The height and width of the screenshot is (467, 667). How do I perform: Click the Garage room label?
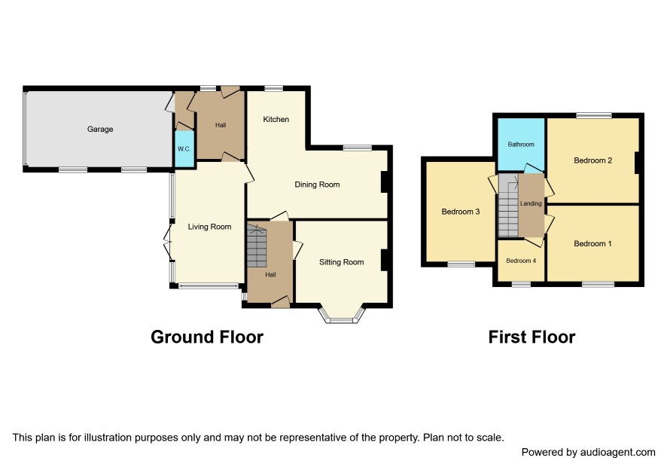[100, 129]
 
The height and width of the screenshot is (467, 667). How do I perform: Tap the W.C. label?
[184, 149]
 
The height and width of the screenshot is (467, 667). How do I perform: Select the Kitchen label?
[276, 119]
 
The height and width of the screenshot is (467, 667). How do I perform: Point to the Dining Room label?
[318, 185]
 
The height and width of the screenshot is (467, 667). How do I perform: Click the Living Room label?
[210, 227]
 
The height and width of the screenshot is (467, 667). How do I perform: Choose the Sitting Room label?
[342, 262]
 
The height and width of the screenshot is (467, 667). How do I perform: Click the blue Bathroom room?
[521, 145]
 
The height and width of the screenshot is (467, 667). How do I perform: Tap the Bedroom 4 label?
[521, 261]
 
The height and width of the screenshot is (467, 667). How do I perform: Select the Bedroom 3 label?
[461, 212]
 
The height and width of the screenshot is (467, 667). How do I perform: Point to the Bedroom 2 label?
[593, 160]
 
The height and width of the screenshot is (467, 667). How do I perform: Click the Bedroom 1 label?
[593, 243]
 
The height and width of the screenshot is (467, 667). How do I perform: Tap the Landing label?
[531, 203]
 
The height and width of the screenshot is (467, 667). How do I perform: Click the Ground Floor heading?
[207, 337]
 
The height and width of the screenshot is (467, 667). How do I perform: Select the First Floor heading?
[531, 337]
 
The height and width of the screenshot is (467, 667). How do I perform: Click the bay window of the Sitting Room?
[342, 315]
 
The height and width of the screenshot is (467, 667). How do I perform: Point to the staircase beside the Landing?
[508, 205]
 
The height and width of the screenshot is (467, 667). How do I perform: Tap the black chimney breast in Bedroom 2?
[637, 163]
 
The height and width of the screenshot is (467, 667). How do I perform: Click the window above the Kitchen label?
[273, 89]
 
